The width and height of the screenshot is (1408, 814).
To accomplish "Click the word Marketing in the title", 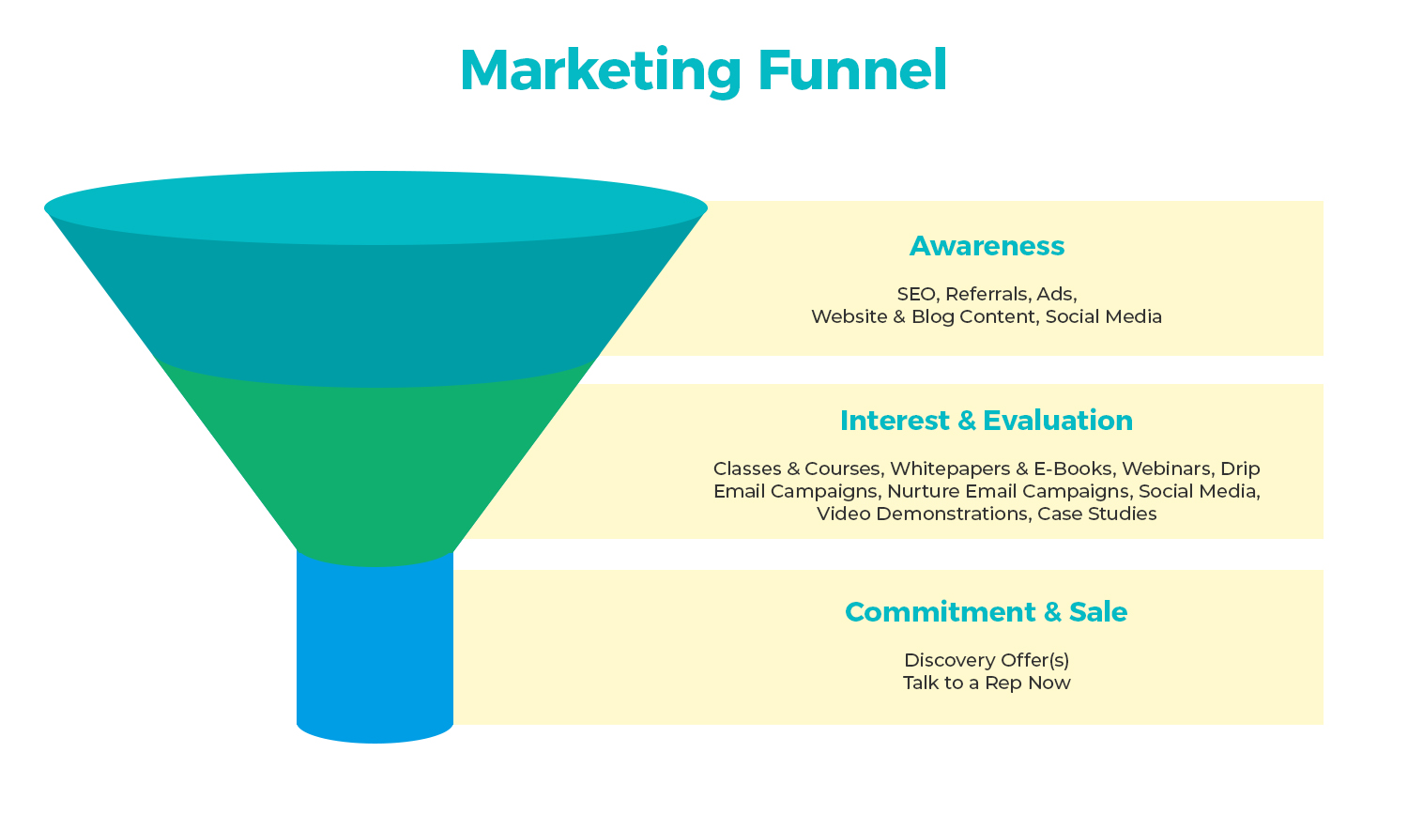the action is [x=601, y=71].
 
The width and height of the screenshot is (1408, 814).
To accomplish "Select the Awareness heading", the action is [x=987, y=246].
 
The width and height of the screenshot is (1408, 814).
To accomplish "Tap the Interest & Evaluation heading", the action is [x=987, y=421].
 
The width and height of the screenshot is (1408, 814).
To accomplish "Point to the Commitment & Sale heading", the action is [x=987, y=611].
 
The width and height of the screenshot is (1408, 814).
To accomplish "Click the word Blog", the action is [x=933, y=316].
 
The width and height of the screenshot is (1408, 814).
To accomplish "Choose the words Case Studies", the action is [x=1097, y=514].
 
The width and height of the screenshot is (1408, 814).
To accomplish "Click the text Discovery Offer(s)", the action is [x=987, y=660].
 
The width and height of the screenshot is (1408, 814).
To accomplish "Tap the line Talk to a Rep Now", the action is [x=987, y=683].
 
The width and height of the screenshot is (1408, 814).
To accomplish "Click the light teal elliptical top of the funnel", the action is [x=375, y=207].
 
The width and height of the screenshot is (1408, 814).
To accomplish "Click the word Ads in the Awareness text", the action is [x=1057, y=294].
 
